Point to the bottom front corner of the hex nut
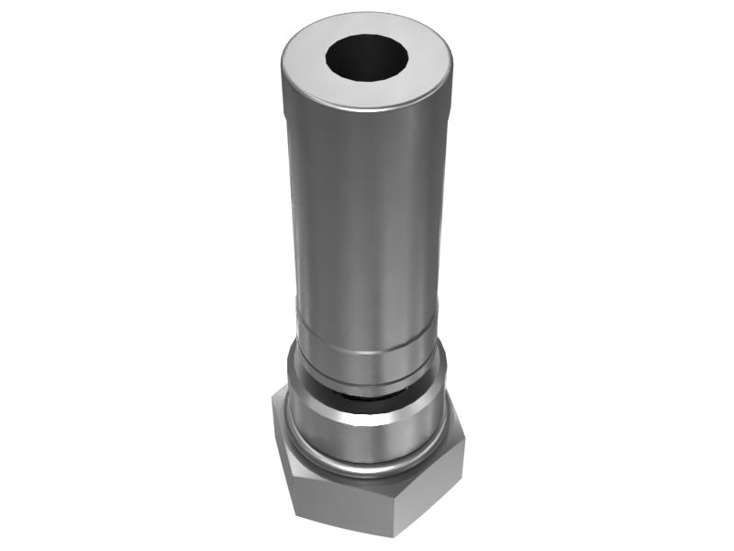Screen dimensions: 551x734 (x=396, y=535)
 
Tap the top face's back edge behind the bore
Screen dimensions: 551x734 (x=367, y=15)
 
